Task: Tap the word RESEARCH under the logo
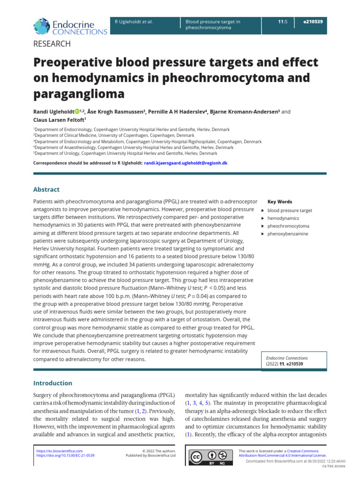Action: click(52, 44)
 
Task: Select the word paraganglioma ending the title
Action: click(79, 94)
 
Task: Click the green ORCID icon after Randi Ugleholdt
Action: click(77, 112)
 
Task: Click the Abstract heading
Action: click(46, 189)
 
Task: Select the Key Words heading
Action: click(279, 202)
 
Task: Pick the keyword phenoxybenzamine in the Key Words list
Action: click(288, 233)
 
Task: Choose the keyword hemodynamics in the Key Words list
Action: click(283, 218)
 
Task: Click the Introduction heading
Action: click(52, 383)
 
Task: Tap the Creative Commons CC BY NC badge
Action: click(207, 457)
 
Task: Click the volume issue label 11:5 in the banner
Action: click(282, 22)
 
